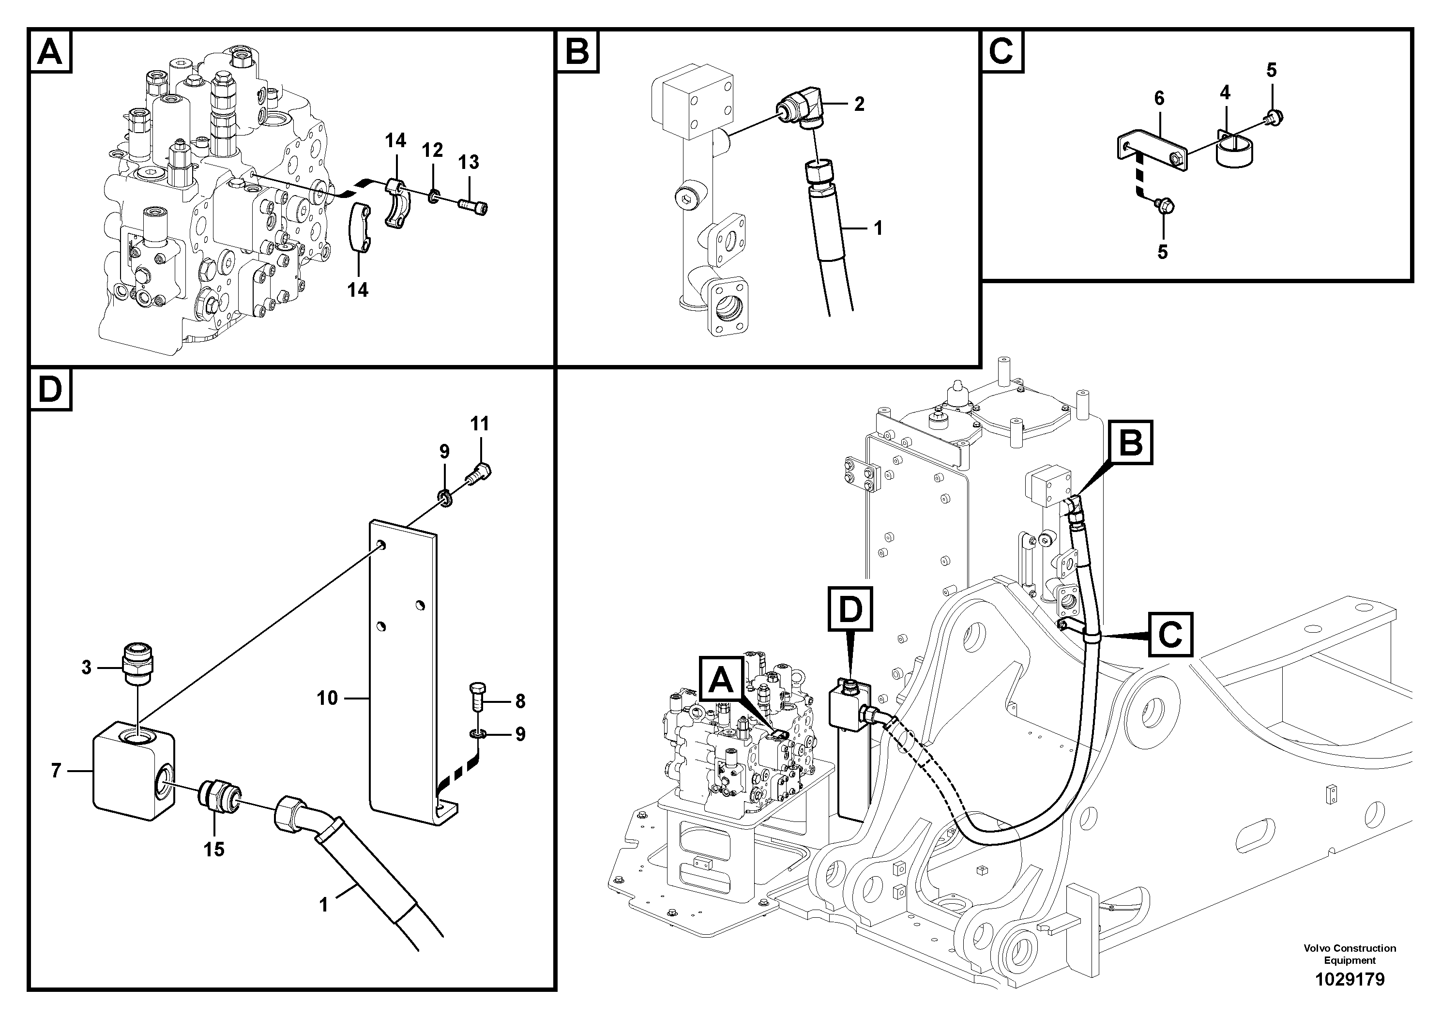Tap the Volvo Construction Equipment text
[1350, 954]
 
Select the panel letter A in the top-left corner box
[50, 51]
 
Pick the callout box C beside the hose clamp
[1170, 635]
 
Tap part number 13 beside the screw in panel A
[468, 163]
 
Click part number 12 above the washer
[432, 150]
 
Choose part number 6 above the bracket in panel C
[1159, 99]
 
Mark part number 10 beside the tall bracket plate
[328, 698]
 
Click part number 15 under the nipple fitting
[214, 850]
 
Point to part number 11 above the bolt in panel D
[480, 424]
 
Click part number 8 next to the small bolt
[520, 701]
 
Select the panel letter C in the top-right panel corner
[1001, 51]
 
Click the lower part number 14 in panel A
[358, 290]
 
